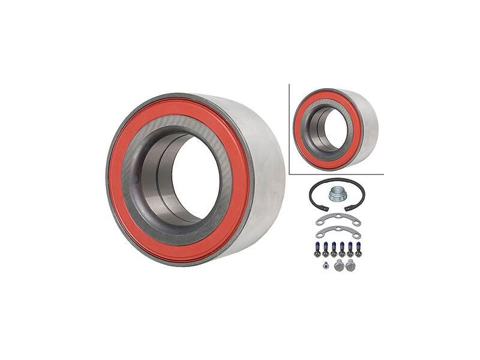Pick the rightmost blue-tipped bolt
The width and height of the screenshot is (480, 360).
358,248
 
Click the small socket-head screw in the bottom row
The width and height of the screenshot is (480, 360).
325,266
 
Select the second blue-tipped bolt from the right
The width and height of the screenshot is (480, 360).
350,248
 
